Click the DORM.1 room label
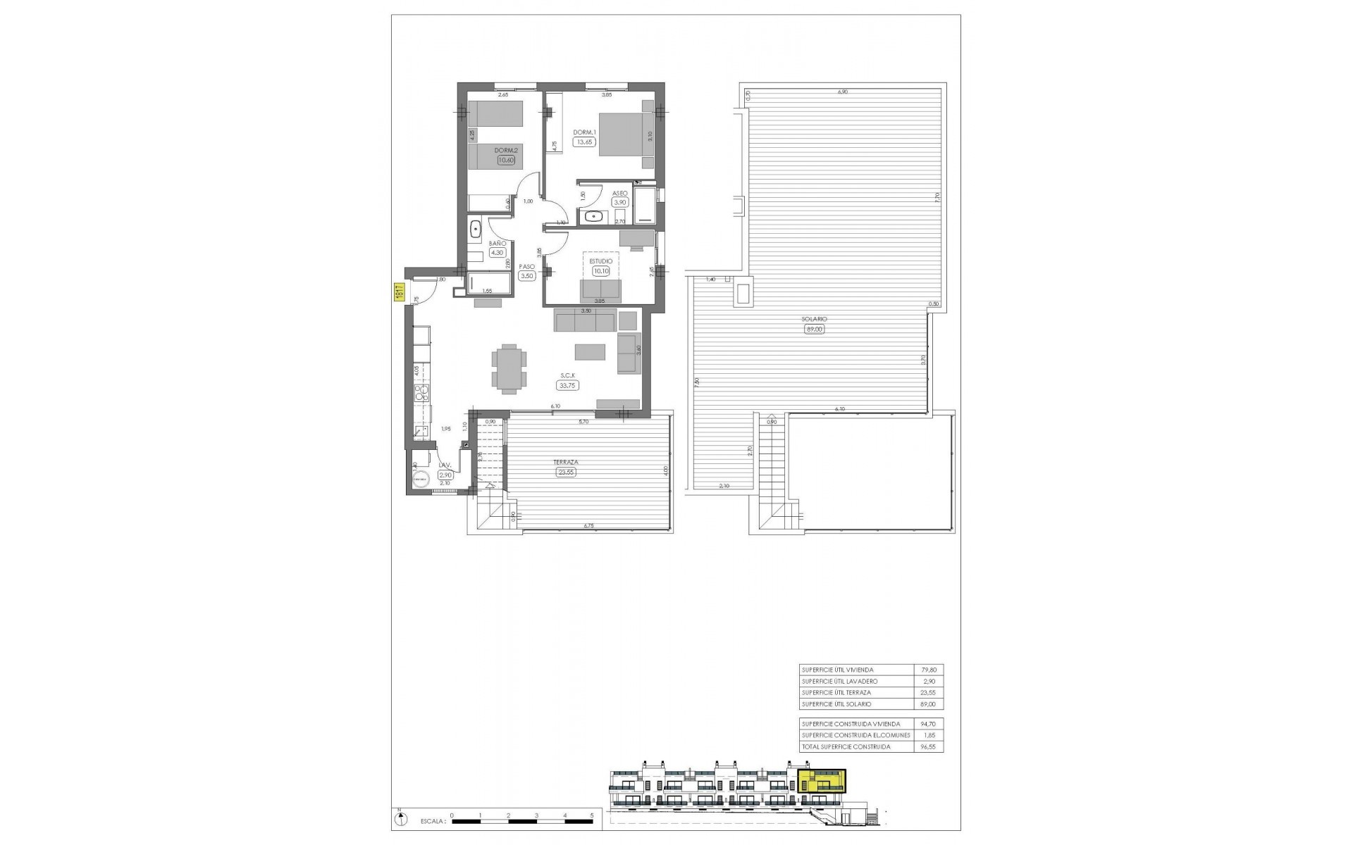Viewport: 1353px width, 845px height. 585,133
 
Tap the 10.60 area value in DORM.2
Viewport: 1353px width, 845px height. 506,160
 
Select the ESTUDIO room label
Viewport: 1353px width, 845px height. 601,261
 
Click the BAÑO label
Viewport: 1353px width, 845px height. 498,244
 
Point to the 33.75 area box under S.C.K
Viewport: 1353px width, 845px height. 567,385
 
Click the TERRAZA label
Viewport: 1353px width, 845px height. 566,463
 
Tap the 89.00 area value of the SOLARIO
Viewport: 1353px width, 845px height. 814,329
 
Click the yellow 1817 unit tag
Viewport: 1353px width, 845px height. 398,292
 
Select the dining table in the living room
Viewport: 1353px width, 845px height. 508,368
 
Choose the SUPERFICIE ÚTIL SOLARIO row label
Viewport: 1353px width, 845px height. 836,704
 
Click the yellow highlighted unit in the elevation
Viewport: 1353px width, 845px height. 822,781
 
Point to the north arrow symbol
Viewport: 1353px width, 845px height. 401,819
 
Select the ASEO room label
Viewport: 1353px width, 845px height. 620,193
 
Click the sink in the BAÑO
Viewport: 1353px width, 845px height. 475,229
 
